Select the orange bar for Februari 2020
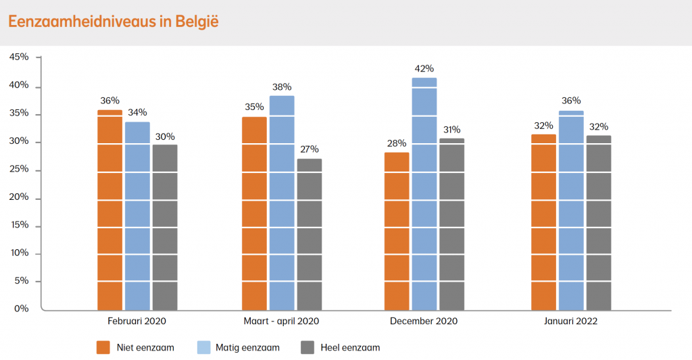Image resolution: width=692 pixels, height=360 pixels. pyautogui.click(x=110, y=209)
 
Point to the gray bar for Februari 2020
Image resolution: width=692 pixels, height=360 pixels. pyautogui.click(x=165, y=226)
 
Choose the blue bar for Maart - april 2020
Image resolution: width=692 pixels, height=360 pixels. pyautogui.click(x=282, y=203)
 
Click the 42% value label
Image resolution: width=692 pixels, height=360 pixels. pyautogui.click(x=424, y=69)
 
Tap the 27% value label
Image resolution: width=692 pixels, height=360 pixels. pyautogui.click(x=310, y=149)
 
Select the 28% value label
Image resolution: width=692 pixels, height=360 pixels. pyautogui.click(x=397, y=143)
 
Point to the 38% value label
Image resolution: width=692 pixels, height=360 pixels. pyautogui.click(x=282, y=86)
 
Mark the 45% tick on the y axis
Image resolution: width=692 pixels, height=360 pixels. pyautogui.click(x=19, y=57)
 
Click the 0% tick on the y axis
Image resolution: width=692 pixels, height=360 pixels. pyautogui.click(x=22, y=309)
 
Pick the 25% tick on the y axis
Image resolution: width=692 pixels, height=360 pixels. pyautogui.click(x=19, y=169)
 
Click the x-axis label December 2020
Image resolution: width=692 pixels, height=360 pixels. pyautogui.click(x=424, y=322)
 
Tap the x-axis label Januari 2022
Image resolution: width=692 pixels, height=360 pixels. pyautogui.click(x=571, y=322)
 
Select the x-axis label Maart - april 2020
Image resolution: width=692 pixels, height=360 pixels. pyautogui.click(x=281, y=322)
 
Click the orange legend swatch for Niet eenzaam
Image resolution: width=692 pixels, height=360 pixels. pyautogui.click(x=103, y=348)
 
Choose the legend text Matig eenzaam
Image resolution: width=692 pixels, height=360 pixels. pyautogui.click(x=247, y=348)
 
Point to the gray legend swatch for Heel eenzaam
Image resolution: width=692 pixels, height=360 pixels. pyautogui.click(x=307, y=348)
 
